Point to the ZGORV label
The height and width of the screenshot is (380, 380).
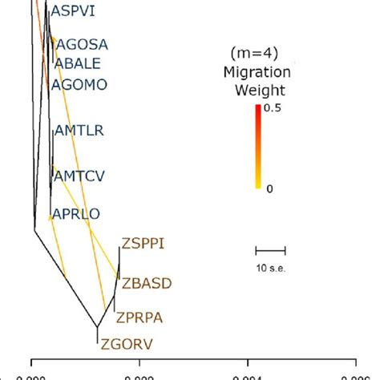click(126, 346)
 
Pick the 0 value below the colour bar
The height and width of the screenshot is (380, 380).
click(269, 188)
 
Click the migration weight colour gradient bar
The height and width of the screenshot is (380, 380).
click(257, 147)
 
